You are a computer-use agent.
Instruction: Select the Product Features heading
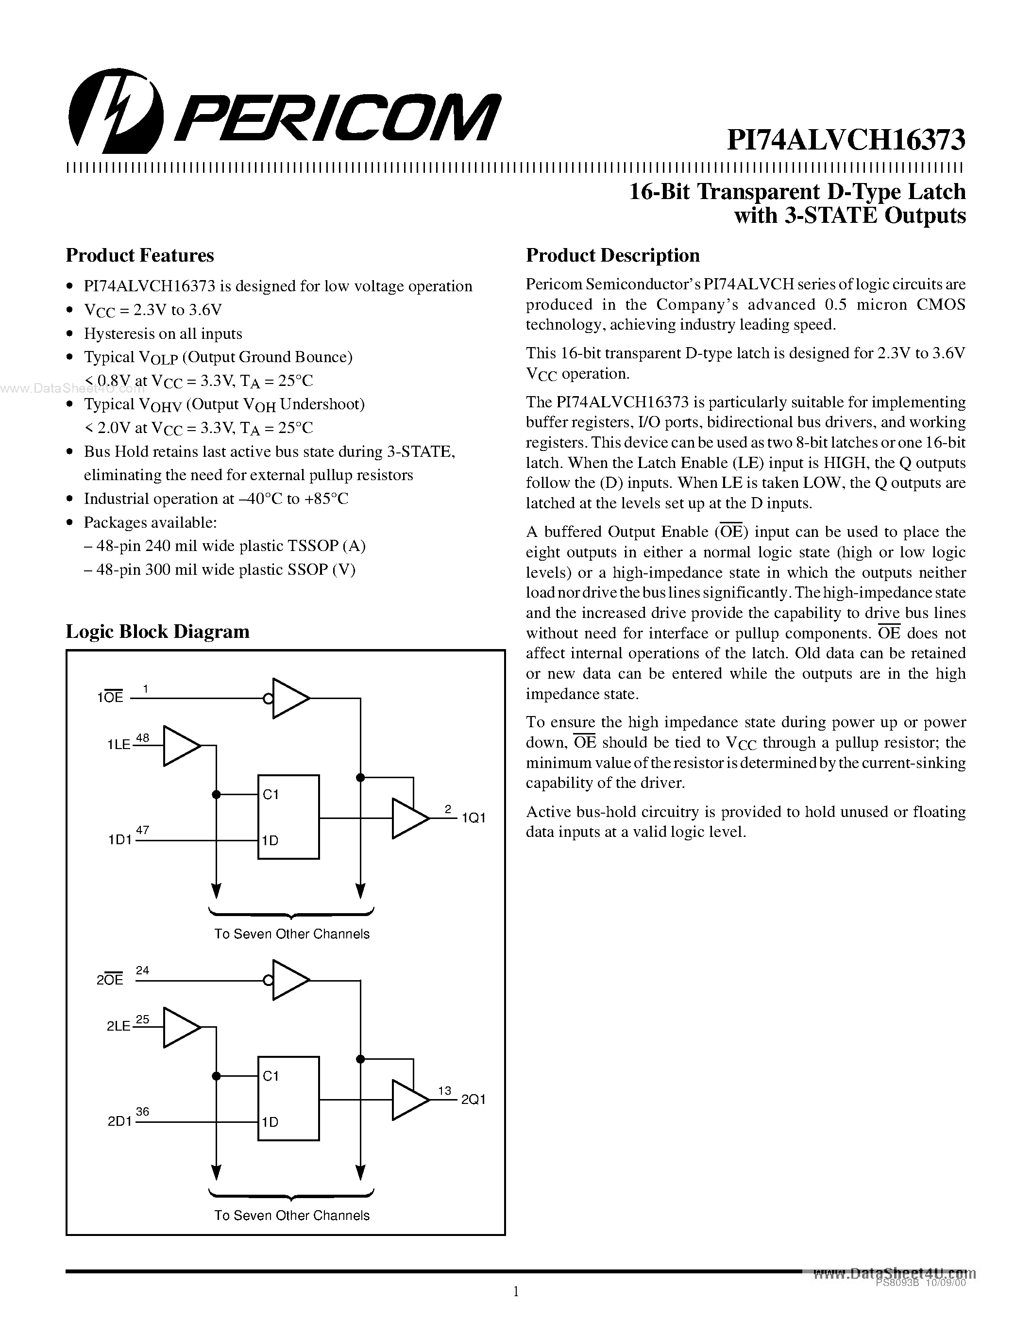139,255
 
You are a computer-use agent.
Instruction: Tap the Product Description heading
612,255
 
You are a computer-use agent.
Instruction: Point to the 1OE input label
110,698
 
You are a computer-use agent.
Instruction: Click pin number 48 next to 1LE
142,738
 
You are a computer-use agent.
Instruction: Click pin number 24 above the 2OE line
142,970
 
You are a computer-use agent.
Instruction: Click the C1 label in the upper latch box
270,794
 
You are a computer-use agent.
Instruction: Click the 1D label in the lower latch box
270,1122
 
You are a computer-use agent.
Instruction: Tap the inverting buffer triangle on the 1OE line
288,698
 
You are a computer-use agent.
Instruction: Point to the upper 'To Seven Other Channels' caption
291,934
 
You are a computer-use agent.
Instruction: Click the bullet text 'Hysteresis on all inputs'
163,334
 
